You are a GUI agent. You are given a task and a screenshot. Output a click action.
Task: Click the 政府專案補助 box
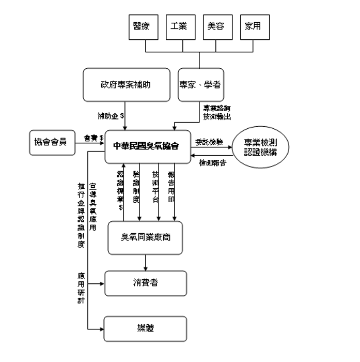pos(127,84)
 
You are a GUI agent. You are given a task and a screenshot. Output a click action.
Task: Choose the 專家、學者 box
pos(200,84)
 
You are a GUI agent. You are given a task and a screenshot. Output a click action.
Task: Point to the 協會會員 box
pos(53,142)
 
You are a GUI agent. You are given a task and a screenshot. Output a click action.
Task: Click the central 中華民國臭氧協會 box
pos(146,145)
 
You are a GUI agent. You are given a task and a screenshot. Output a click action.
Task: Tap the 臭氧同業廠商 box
pos(145,237)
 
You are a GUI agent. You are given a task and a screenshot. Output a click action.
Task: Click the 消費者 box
pos(145,282)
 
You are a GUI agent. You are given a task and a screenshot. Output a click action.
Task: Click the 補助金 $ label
pos(111,115)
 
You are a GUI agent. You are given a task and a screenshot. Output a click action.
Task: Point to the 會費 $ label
pos(93,138)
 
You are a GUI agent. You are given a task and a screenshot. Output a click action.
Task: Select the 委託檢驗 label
pos(209,141)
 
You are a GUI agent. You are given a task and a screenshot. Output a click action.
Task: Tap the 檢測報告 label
pos(212,162)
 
